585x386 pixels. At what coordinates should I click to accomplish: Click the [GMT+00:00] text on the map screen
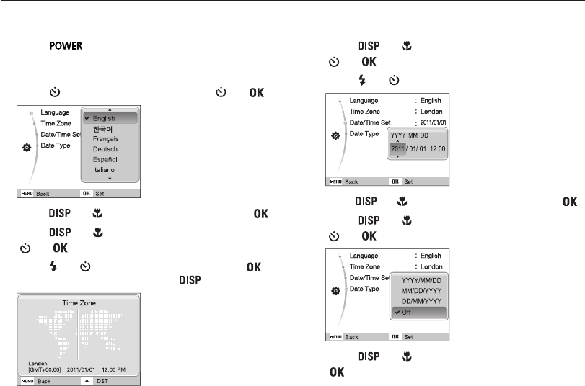tap(45, 369)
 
